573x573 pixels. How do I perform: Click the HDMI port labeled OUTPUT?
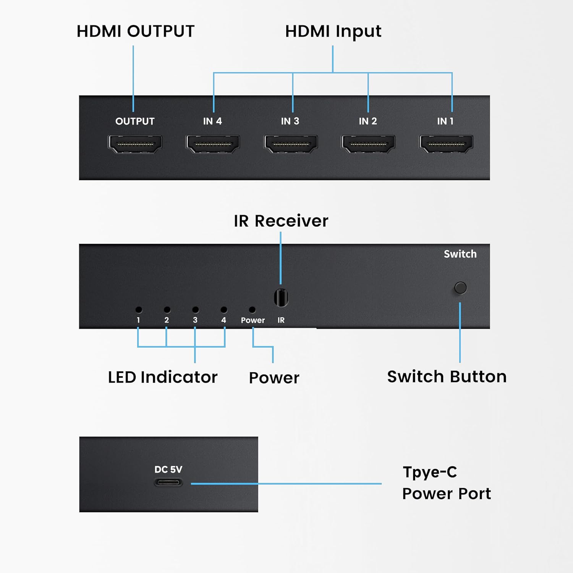click(x=135, y=144)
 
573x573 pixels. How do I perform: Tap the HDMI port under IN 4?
click(x=213, y=144)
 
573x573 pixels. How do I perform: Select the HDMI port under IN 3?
click(x=291, y=144)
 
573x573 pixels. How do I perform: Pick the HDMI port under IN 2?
click(x=368, y=144)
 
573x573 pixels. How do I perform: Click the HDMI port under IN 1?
click(x=446, y=144)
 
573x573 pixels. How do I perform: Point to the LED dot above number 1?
click(x=139, y=309)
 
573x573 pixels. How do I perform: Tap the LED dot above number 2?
click(x=167, y=309)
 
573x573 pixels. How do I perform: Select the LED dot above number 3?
click(x=195, y=309)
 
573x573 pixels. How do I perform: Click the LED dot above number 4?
click(x=224, y=309)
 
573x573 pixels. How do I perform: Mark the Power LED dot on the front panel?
click(x=252, y=309)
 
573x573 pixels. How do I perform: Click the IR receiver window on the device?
click(x=281, y=298)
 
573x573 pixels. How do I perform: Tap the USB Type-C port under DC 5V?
click(x=168, y=483)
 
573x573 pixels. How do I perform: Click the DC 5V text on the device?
click(x=168, y=469)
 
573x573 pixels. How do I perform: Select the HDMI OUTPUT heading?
click(x=136, y=31)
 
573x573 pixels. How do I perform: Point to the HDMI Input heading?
click(x=333, y=32)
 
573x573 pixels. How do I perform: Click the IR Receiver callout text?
click(x=281, y=221)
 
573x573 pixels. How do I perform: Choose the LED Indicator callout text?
click(x=163, y=377)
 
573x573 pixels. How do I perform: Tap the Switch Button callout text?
click(x=447, y=377)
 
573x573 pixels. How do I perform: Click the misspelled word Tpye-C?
click(x=430, y=473)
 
